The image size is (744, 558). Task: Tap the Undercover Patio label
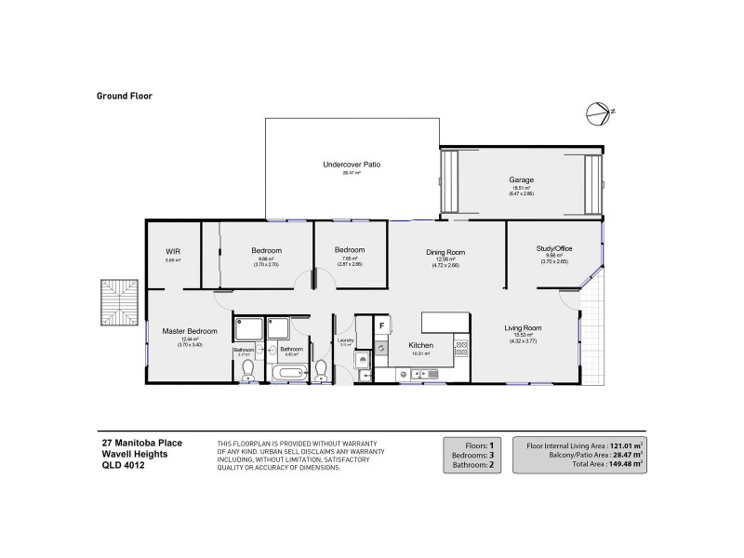351,165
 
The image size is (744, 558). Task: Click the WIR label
173,251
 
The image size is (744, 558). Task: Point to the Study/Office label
553,248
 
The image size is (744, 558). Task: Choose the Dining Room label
445,252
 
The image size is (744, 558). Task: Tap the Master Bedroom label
190,331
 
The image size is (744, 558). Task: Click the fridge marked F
381,325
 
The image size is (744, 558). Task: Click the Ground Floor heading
124,95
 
